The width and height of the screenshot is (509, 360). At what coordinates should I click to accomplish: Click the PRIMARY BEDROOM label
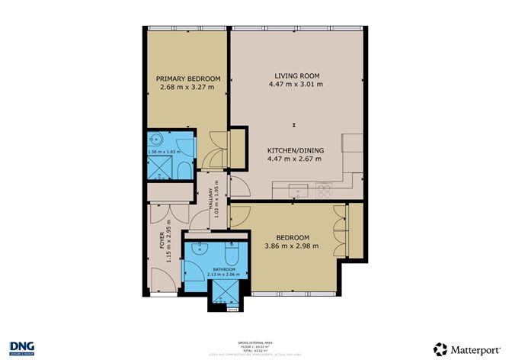tap(188, 79)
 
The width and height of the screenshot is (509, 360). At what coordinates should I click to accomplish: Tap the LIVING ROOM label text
tap(296, 75)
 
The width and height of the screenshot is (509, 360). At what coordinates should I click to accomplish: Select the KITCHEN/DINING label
tap(296, 150)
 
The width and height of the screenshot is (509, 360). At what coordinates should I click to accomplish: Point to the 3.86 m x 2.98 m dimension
tap(290, 246)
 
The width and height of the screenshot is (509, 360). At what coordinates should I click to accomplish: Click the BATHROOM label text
tap(223, 271)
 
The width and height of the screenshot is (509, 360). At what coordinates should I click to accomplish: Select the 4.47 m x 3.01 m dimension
tap(296, 84)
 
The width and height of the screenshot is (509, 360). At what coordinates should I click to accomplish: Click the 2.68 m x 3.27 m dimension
tap(187, 88)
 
